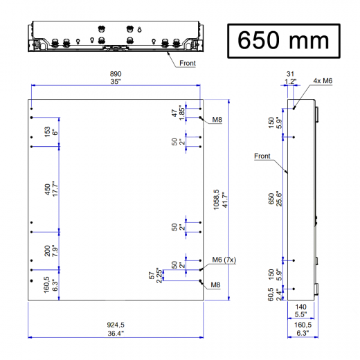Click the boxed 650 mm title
[283, 40]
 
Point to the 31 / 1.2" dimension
[291, 76]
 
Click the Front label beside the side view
[262, 156]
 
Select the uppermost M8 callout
[217, 119]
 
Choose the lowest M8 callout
[215, 284]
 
